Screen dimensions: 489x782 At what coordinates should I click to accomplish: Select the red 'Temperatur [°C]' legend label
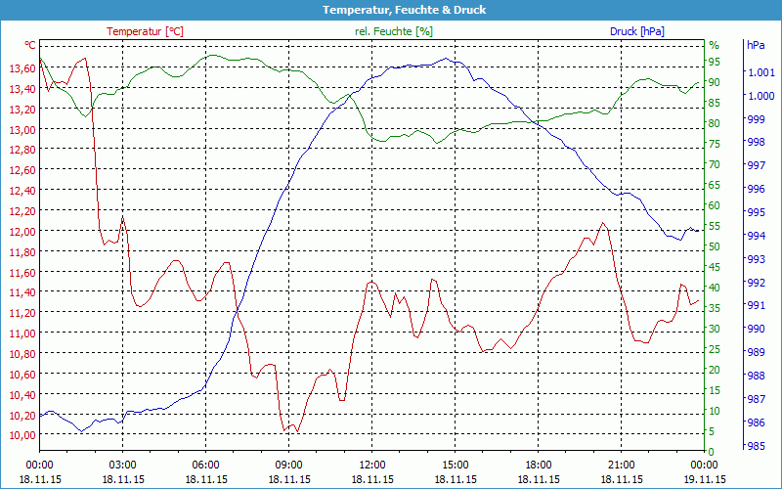click(x=145, y=31)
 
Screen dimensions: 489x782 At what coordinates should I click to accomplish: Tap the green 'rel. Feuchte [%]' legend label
click(x=393, y=31)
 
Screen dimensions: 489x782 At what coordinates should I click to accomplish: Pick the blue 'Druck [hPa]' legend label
click(x=636, y=31)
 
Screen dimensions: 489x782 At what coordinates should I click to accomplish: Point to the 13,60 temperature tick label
click(x=22, y=67)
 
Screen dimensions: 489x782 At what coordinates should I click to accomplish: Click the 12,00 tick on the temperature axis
click(x=22, y=231)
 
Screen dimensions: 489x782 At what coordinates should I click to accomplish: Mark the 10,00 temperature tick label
click(x=22, y=434)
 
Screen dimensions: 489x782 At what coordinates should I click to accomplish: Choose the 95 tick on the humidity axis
click(x=715, y=62)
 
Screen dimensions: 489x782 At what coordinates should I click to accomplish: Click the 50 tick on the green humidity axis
click(x=715, y=246)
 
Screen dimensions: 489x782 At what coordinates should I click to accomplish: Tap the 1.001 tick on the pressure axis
click(x=760, y=72)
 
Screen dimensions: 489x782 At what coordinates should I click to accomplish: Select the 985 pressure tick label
click(x=757, y=446)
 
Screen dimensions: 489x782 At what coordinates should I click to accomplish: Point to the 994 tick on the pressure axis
click(x=757, y=236)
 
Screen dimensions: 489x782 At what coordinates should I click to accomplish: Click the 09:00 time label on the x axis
click(x=288, y=465)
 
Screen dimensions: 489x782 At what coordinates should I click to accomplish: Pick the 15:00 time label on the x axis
click(x=456, y=465)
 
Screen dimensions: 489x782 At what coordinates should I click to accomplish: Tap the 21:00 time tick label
click(x=622, y=465)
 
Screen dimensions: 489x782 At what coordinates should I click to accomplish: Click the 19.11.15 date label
click(x=705, y=479)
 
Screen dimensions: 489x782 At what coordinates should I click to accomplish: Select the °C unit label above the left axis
click(x=30, y=45)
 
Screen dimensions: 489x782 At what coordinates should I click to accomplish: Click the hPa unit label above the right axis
click(x=756, y=45)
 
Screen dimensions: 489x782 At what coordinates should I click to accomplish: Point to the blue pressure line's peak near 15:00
click(x=447, y=59)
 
